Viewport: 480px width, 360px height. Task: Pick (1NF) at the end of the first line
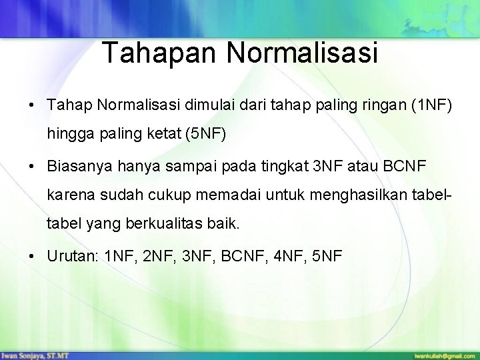[437, 105]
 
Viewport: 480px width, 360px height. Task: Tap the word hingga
[67, 135]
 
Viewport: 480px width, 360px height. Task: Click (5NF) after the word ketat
[207, 135]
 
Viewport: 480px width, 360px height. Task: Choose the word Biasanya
[75, 165]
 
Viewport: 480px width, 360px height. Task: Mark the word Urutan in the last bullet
[69, 256]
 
